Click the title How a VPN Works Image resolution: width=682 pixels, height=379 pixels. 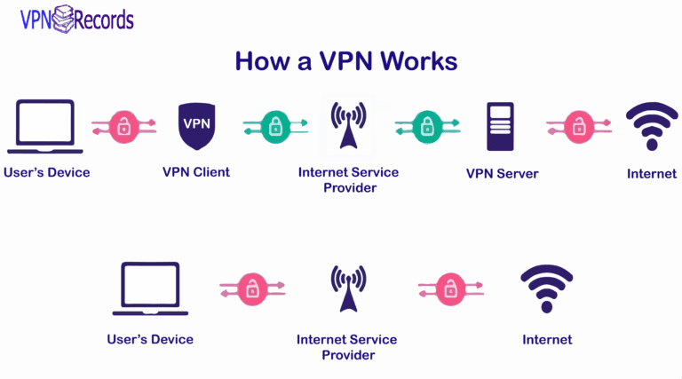coord(345,60)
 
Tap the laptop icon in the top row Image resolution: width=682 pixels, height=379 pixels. coord(46,126)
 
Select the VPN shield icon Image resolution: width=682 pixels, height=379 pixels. coord(195,125)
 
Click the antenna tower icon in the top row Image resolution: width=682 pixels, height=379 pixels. coord(347,126)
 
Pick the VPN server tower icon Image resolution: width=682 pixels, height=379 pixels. coord(499,126)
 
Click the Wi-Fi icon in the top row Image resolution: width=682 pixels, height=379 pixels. coord(651,127)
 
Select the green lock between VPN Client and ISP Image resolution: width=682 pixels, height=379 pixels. coord(274,126)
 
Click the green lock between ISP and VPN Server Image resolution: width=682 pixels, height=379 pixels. coord(427,126)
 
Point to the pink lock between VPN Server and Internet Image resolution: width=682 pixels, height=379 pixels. coord(579,126)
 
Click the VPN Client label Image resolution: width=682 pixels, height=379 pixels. coord(195,172)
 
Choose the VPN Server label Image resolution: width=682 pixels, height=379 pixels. coord(502,173)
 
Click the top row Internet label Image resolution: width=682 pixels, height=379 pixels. coord(651,173)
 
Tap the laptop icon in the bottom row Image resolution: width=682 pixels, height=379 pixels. coord(150,288)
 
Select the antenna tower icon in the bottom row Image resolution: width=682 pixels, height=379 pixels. coord(347,289)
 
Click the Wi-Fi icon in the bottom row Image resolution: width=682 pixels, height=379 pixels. coord(546,289)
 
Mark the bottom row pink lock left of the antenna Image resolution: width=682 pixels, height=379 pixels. coord(252,288)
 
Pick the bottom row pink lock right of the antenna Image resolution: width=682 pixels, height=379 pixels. coord(450,288)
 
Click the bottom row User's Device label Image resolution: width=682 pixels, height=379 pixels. coord(150,339)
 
